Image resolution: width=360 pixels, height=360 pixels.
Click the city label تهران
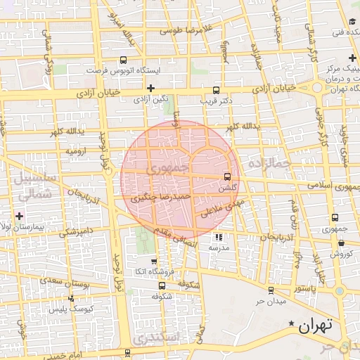313,326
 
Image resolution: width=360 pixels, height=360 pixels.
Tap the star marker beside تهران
292,323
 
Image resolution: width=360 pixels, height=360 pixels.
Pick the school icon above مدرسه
218,237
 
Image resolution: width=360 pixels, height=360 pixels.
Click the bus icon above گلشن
226,177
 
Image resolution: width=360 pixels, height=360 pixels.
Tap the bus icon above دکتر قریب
216,89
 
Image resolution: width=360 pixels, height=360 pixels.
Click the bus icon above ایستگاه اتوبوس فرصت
124,60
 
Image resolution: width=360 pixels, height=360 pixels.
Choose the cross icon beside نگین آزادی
151,88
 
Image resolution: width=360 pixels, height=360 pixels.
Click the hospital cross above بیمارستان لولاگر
19,215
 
